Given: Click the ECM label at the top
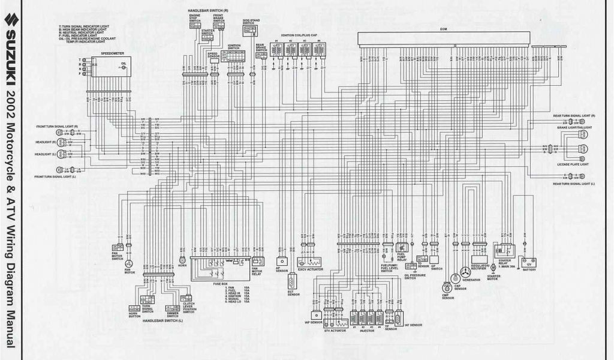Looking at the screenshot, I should tap(444, 29).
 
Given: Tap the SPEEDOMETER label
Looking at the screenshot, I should tap(112, 53).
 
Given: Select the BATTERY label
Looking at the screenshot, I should tap(529, 269).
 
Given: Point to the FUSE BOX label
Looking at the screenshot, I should tap(220, 283).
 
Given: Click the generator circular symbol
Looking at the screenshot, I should tap(465, 272).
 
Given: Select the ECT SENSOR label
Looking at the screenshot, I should tap(293, 293).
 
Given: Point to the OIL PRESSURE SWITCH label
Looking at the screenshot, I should tap(414, 277).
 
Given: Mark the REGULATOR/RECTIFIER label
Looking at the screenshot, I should tap(478, 267).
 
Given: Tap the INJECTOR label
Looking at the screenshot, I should tap(366, 330).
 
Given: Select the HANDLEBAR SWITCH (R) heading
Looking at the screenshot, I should tap(206, 11).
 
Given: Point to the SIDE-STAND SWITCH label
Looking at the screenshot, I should tap(251, 22).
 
